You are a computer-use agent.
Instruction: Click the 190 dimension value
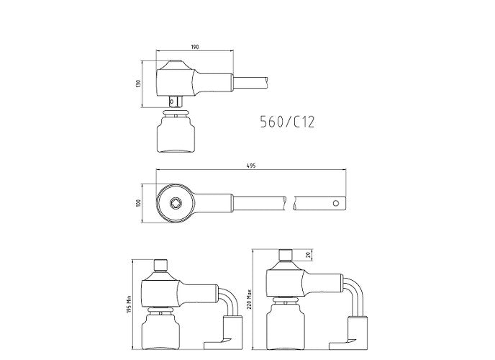coord(195,47)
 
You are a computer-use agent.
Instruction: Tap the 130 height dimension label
coord(138,84)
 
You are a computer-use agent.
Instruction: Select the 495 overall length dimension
coord(251,166)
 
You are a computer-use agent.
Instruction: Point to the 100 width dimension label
coord(138,203)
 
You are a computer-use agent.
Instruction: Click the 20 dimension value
coord(309,255)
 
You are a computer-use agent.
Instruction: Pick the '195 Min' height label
coord(129,304)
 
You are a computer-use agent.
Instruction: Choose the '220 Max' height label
coord(249,299)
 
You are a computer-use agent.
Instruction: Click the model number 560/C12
coord(287,122)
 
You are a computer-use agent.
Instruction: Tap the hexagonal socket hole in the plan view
coord(175,203)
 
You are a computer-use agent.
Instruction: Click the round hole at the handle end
coord(336,203)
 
